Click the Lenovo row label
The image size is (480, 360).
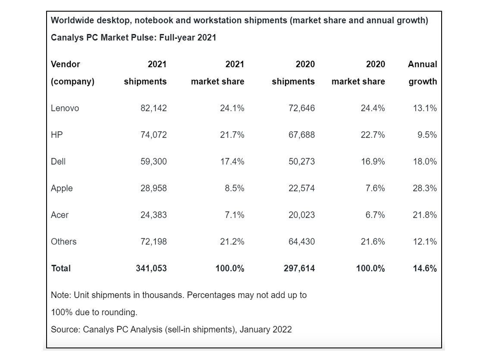pyautogui.click(x=65, y=108)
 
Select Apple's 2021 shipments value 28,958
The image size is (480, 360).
pyautogui.click(x=153, y=188)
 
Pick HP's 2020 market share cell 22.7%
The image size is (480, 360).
pyautogui.click(x=373, y=135)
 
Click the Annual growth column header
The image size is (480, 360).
pyautogui.click(x=422, y=73)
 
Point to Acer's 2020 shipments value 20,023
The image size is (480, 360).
pyautogui.click(x=301, y=215)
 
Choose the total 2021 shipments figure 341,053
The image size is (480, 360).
pyautogui.click(x=151, y=268)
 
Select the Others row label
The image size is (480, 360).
pyautogui.click(x=63, y=241)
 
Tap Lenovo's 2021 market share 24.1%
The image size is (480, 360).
pyautogui.click(x=232, y=108)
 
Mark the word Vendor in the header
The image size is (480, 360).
pyautogui.click(x=66, y=64)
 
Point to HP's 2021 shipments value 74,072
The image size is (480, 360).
pyautogui.click(x=153, y=135)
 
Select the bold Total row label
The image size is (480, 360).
pyautogui.click(x=61, y=268)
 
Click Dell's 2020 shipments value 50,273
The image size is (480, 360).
pyautogui.click(x=301, y=162)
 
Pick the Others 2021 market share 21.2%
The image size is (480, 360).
pyautogui.click(x=232, y=241)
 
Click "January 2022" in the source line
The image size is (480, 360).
pyautogui.click(x=266, y=330)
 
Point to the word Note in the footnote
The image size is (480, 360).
pyautogui.click(x=60, y=295)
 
